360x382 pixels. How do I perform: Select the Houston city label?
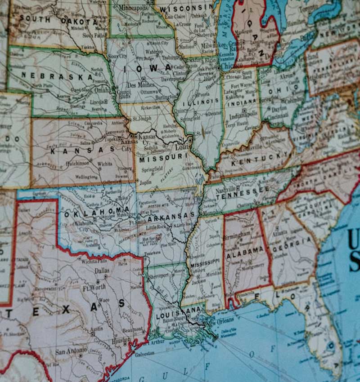click(121, 341)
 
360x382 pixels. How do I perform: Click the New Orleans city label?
click(219, 320)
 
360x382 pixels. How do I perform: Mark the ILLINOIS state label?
click(196, 102)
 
